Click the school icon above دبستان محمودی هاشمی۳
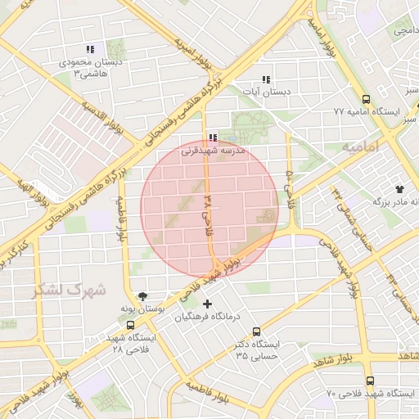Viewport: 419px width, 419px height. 89,49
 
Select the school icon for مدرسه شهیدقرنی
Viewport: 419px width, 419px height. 213,138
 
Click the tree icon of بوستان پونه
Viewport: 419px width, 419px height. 144,297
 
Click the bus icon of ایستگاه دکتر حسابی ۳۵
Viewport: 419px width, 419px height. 257,331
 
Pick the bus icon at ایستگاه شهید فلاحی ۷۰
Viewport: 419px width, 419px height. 370,381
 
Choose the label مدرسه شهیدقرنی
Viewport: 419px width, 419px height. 213,151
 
